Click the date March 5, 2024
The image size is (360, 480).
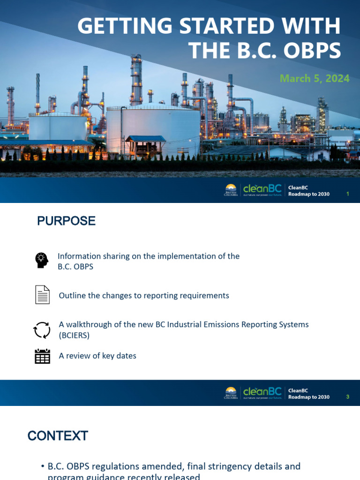(315, 78)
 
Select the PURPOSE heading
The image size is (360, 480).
(66, 221)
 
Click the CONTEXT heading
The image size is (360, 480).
(58, 436)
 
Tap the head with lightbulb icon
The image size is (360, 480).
(42, 260)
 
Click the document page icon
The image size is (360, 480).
(42, 295)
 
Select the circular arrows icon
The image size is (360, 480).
(42, 330)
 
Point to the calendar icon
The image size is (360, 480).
(42, 356)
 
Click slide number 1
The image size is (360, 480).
(348, 194)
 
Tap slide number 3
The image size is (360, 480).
(348, 397)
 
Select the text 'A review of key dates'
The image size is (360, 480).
(97, 356)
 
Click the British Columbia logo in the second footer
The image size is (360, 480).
(231, 393)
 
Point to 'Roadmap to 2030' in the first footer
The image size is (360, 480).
(309, 194)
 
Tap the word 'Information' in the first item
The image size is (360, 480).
(79, 256)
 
